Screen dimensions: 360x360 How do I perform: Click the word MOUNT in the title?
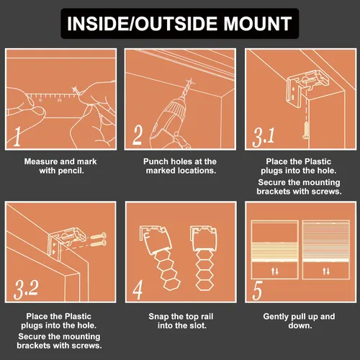258,24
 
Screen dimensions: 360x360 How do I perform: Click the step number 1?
17,136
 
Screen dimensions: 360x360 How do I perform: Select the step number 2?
138,135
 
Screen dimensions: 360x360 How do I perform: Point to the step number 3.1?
264,138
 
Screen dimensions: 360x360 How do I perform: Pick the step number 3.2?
26,289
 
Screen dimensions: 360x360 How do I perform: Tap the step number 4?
138,289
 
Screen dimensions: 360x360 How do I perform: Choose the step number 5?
257,290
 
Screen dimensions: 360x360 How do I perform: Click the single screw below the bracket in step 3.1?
306,130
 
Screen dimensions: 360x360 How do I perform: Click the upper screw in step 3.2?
99,235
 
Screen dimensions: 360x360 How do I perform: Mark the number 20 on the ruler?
59,100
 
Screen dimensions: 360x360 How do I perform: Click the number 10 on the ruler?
40,100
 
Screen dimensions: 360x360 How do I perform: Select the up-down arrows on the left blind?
275,271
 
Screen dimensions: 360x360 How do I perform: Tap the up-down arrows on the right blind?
326,271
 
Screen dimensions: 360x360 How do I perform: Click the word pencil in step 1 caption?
71,171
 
